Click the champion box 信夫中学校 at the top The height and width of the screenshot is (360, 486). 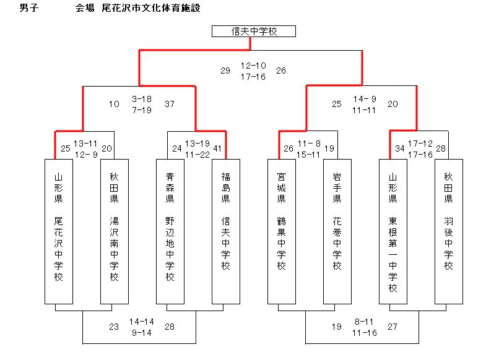[254, 32]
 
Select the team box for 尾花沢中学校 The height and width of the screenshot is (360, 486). [59, 231]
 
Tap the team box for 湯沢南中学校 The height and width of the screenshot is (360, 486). [115, 231]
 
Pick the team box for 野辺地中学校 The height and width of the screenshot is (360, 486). [170, 231]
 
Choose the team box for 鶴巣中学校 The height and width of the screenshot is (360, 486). [282, 231]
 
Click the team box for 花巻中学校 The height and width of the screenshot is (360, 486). [337, 231]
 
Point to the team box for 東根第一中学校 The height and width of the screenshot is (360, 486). [393, 231]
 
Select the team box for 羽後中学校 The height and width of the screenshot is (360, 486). [449, 231]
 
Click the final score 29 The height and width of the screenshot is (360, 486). [225, 71]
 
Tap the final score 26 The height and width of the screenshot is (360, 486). [281, 71]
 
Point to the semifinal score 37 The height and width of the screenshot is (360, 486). [170, 104]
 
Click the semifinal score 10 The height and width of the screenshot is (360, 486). [114, 104]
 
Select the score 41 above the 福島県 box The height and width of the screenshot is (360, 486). [217, 148]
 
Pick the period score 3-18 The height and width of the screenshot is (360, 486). [142, 99]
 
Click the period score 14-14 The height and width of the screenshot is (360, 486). [142, 322]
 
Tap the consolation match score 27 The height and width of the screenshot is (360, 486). [393, 327]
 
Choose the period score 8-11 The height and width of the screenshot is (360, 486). [364, 322]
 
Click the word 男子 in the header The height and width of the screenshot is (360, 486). [29, 8]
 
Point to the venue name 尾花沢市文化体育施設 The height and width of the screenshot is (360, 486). [151, 8]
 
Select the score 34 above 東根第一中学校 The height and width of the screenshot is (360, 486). [400, 148]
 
